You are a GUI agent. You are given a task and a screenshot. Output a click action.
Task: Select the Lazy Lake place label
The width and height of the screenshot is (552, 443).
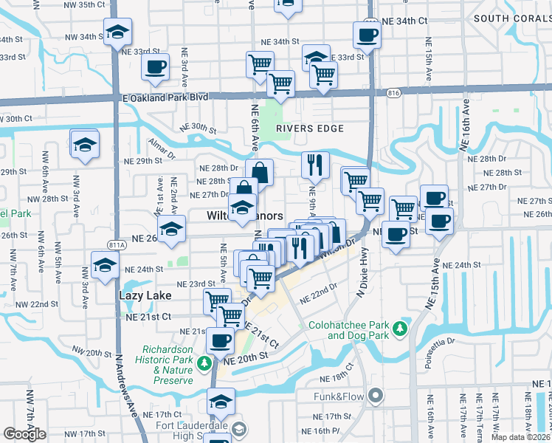(x=145, y=295)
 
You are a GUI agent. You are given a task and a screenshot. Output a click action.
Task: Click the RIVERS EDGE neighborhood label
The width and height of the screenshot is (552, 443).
(x=310, y=128)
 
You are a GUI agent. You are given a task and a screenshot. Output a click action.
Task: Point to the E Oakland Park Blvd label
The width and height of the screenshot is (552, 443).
(x=163, y=97)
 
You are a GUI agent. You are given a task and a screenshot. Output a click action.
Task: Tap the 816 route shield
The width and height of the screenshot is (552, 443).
(x=393, y=93)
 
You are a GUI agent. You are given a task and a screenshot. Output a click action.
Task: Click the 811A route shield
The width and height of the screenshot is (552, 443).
(x=117, y=245)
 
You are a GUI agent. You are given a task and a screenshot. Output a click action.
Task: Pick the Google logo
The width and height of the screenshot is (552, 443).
(x=24, y=434)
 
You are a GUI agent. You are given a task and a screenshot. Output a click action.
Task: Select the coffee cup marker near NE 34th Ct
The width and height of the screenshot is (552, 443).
(x=366, y=34)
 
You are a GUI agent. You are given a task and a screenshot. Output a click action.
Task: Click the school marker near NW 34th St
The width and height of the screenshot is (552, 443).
(x=117, y=33)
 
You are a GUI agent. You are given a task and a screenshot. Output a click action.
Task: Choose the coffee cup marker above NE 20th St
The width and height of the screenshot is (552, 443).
(x=220, y=340)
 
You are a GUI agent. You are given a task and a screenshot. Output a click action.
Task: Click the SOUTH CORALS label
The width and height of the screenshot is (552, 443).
(x=511, y=18)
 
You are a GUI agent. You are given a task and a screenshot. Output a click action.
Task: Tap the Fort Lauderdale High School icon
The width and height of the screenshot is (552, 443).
(x=239, y=429)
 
